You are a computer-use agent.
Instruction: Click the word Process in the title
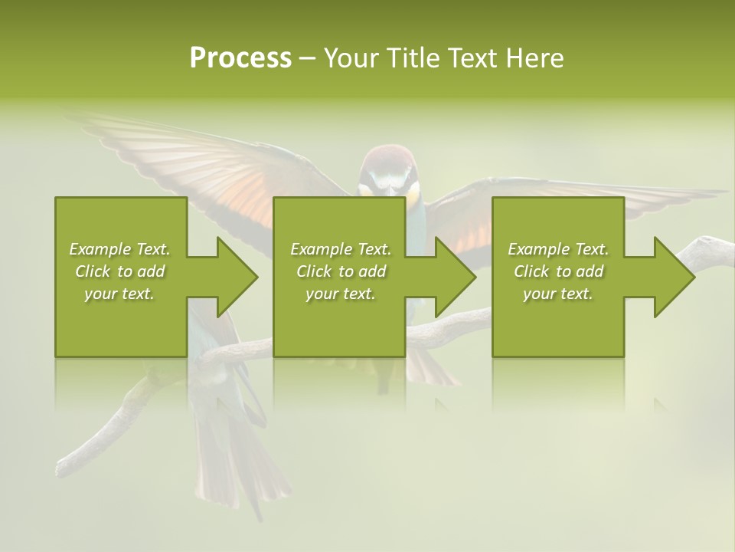pos(240,58)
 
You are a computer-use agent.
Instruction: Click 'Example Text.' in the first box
pos(119,249)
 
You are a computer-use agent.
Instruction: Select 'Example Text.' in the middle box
pos(340,249)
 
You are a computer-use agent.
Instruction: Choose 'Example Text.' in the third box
pos(558,249)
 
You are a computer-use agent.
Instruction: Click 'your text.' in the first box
pos(119,294)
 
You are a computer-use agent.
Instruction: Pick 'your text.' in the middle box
pos(340,294)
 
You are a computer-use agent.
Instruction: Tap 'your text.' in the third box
pos(558,294)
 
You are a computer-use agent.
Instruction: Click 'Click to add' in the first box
pos(119,271)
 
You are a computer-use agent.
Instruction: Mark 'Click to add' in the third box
pos(558,271)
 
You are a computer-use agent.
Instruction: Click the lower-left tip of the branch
pos(65,466)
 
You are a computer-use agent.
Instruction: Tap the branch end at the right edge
pos(716,249)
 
